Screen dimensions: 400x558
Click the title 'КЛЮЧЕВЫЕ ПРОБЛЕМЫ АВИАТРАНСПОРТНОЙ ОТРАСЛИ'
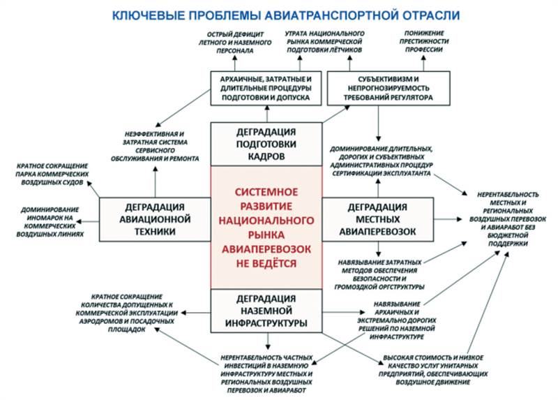click(279, 13)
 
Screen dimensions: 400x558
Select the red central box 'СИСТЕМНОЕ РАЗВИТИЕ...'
click(266, 227)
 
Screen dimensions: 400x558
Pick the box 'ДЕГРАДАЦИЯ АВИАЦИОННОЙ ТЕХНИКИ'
click(155, 218)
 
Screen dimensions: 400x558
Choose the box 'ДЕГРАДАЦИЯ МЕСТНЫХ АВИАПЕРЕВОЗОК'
click(377, 218)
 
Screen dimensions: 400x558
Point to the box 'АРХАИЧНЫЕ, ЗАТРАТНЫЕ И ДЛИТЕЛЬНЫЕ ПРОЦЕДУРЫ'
click(266, 87)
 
